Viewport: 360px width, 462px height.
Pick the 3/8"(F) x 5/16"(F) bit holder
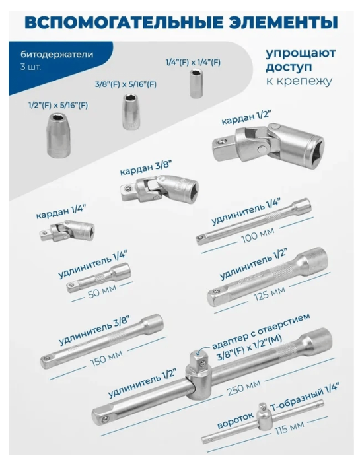(x=131, y=111)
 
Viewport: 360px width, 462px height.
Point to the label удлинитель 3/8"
(x=83, y=334)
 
